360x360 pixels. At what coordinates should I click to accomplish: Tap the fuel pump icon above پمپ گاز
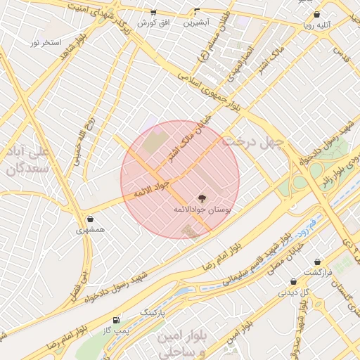pos(116,319)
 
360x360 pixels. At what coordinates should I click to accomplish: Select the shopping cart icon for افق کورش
pos(153,13)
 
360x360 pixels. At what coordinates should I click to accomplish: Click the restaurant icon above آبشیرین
pos(197,12)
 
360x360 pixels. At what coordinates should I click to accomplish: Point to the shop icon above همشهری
pos(91,219)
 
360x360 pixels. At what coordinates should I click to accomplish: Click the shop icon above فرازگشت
pos(318,262)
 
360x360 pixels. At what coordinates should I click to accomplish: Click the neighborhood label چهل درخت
pos(252,143)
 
